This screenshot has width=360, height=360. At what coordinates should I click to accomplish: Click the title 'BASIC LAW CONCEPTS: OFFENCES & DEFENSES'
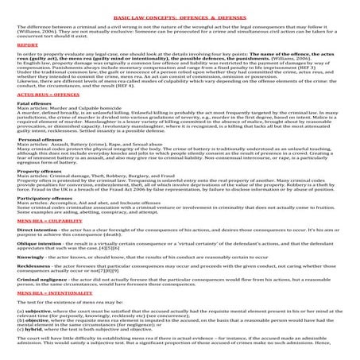pyautogui.click(x=180, y=15)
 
